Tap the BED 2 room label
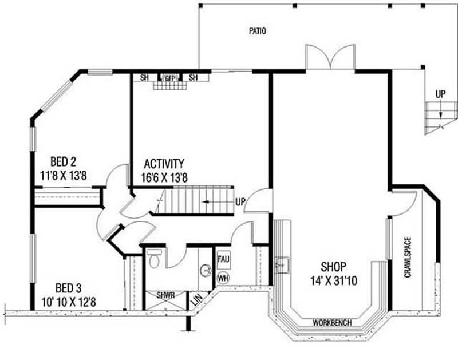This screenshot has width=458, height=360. (x=62, y=160)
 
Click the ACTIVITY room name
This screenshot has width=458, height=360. (x=164, y=163)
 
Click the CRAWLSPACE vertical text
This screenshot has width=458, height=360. (x=408, y=257)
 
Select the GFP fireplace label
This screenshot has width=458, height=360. (x=171, y=77)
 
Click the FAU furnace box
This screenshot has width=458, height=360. (x=223, y=259)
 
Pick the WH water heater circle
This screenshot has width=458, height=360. (x=223, y=278)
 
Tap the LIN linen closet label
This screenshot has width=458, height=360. (x=196, y=298)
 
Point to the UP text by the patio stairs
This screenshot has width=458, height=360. (x=440, y=93)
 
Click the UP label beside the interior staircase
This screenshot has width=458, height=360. (x=240, y=202)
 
